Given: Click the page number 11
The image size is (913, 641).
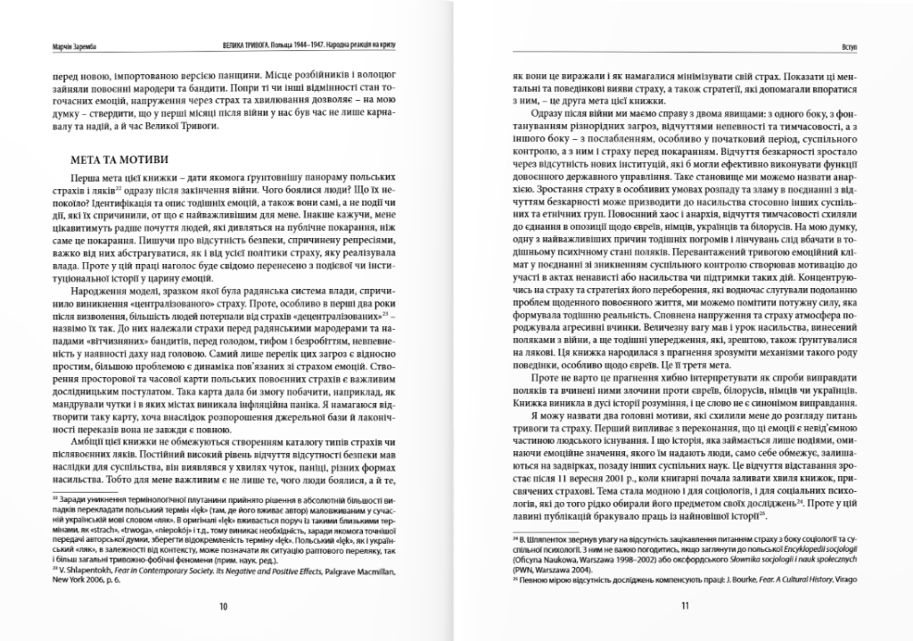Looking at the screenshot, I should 685,605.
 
